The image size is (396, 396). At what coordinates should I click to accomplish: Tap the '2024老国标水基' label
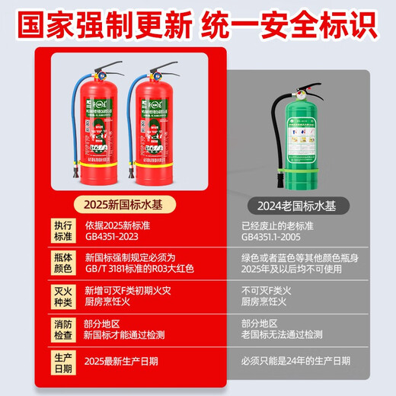pyautogui.click(x=297, y=203)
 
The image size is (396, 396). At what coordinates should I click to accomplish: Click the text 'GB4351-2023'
pyautogui.click(x=115, y=236)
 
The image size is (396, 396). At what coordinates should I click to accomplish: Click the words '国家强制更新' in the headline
pyautogui.click(x=104, y=23)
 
